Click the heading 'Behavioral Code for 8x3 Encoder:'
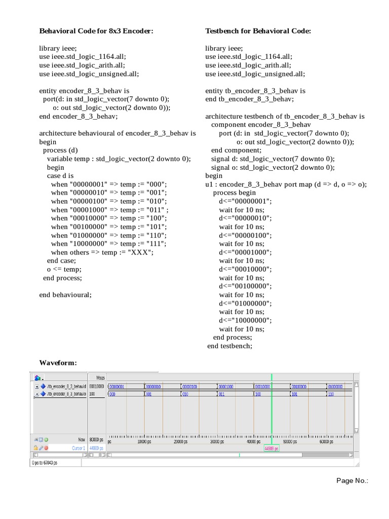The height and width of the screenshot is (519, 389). tap(96, 31)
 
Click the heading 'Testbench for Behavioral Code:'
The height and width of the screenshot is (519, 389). tap(258, 31)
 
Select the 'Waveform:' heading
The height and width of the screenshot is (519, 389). tap(58, 362)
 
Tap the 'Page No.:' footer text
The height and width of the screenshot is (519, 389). tap(352, 480)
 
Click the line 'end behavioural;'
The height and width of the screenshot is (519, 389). tap(66, 294)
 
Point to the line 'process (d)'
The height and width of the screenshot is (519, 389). tap(61, 150)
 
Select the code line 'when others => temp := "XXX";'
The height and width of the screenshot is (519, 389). tap(102, 252)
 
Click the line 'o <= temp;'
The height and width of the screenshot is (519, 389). tap(64, 269)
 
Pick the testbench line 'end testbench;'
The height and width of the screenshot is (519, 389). tap(229, 346)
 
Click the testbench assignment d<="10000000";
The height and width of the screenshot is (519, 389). tap(245, 320)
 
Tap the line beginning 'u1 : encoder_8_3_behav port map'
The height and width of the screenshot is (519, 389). tap(286, 184)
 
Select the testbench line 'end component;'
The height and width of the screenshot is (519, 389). tap(237, 150)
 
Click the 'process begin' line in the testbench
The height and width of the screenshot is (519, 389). tap(235, 193)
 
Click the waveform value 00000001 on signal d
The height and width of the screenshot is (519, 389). tap(116, 386)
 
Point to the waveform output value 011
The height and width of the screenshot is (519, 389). tap(221, 394)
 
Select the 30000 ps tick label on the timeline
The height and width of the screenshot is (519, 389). tap(216, 442)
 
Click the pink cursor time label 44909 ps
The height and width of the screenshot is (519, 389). tap(271, 449)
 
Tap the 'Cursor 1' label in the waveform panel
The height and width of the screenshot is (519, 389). tap(79, 449)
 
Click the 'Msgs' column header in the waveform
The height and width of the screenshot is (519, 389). tap(100, 378)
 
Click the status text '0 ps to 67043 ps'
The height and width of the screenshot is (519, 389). tap(45, 463)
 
